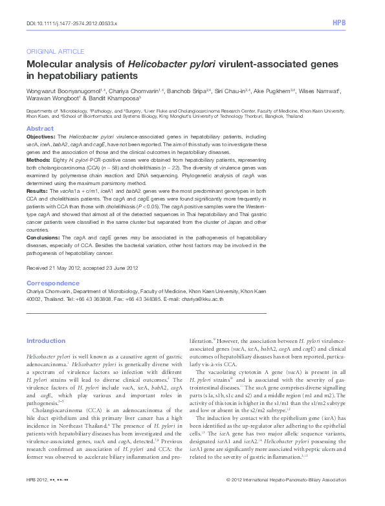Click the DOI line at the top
click(x=72, y=23)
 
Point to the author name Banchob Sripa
click(x=174, y=91)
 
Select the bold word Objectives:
click(x=40, y=138)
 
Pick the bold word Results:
click(x=37, y=192)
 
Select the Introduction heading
click(x=45, y=341)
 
